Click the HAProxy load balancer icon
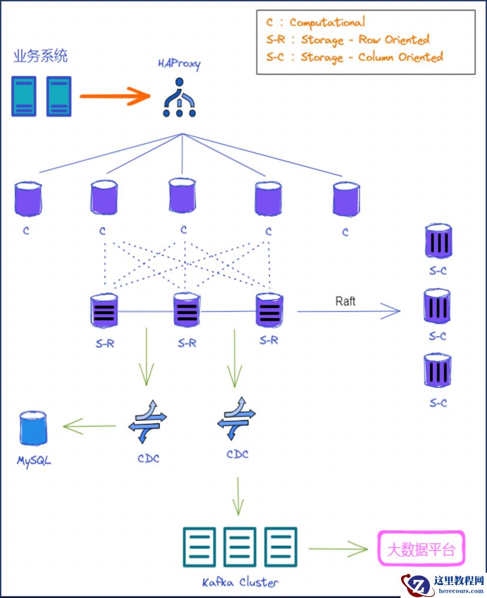[179, 99]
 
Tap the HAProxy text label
[179, 64]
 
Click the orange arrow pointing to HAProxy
[115, 95]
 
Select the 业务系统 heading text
[41, 57]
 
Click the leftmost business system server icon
[24, 96]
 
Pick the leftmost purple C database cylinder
[28, 200]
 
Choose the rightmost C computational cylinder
[346, 199]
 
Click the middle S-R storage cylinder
[187, 310]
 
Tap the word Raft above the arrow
[345, 301]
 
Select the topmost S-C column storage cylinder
[438, 241]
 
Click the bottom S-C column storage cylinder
[438, 371]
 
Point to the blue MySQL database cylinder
[32, 428]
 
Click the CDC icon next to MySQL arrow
[148, 421]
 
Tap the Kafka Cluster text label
[240, 582]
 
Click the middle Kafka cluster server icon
[240, 547]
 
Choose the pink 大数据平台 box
[421, 549]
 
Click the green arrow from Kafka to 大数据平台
[338, 549]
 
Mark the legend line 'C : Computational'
[315, 23]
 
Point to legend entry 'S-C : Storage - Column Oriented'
[354, 57]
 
